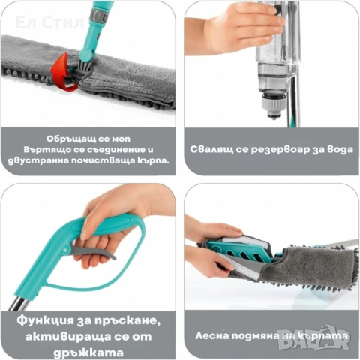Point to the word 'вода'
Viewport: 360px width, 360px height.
[x=334, y=149]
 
